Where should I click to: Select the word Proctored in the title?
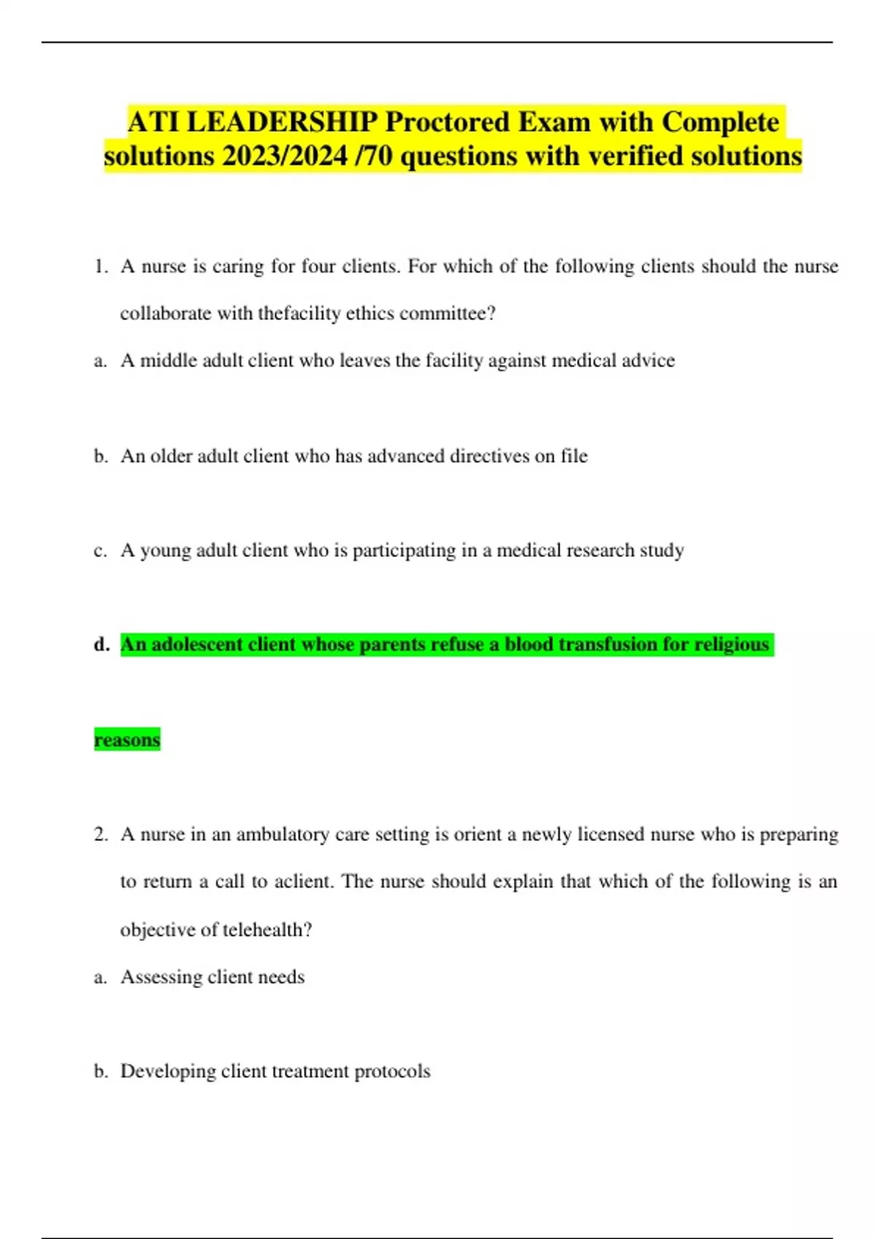click(447, 122)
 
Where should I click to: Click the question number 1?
click(99, 267)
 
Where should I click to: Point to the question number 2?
click(100, 835)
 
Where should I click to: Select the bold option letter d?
click(101, 644)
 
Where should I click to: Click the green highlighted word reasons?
click(127, 740)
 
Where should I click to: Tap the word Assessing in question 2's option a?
click(161, 977)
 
